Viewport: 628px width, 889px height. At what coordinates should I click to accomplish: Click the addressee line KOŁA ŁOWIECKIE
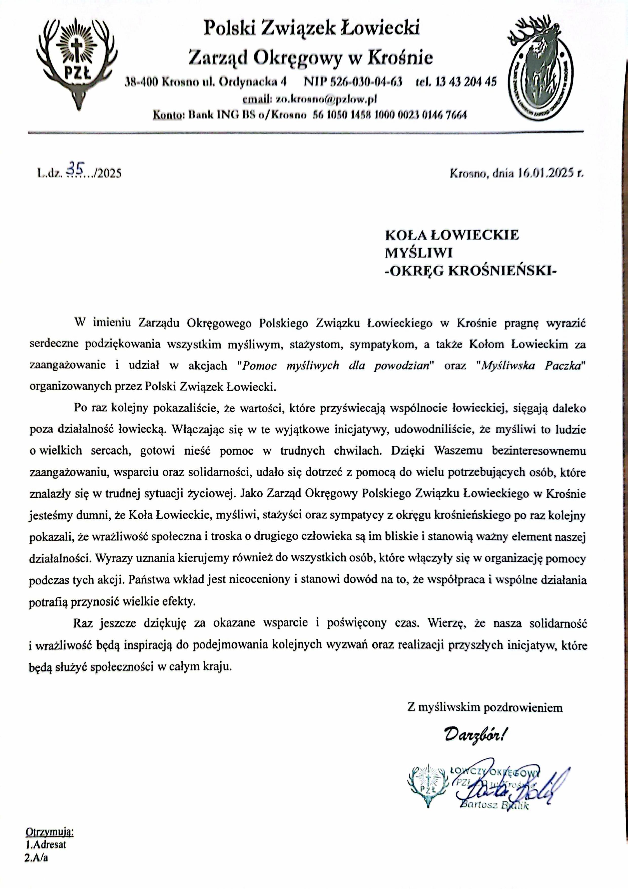tap(452, 235)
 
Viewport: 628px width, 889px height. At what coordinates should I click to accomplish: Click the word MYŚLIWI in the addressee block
tap(418, 253)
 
